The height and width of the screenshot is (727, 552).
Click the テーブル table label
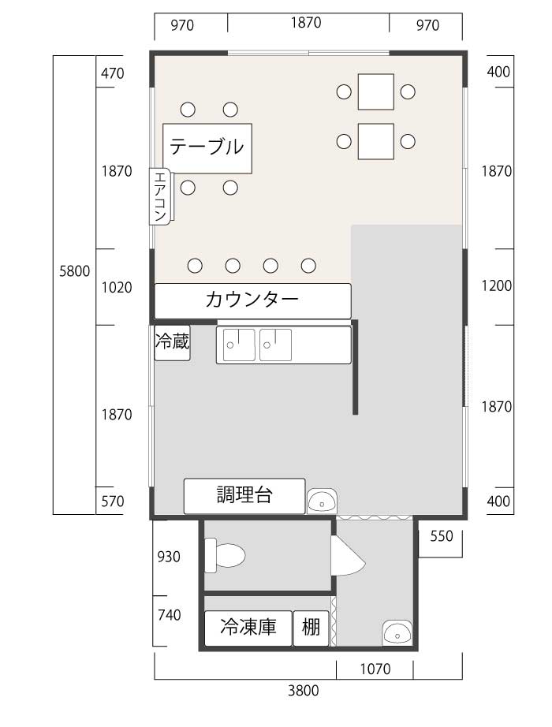coord(207,147)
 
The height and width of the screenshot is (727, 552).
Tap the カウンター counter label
coord(252,300)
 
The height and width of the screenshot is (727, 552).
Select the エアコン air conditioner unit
coord(161,196)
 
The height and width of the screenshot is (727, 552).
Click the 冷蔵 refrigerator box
coord(172,343)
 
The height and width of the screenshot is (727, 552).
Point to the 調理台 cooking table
coord(244,496)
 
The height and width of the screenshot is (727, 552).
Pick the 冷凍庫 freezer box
coord(248,628)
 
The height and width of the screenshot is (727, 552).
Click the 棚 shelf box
coord(311,628)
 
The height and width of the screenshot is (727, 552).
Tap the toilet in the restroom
coord(225,555)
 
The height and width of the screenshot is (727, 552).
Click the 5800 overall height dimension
coord(74,270)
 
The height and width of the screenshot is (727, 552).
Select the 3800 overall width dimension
coord(304,691)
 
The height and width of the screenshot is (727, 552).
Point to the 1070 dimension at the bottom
coord(375,669)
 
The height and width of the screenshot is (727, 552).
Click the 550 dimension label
coord(441,536)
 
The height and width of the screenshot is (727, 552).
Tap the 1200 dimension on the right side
coord(496,285)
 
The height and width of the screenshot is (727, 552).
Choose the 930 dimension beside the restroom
coord(169,557)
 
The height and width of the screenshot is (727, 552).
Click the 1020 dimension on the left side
coord(117,288)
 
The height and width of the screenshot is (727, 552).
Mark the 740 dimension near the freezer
coord(169,615)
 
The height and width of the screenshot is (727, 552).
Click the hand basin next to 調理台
coord(322,501)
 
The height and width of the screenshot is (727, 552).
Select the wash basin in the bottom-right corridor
coord(397,633)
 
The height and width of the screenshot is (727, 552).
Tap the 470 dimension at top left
coord(113,73)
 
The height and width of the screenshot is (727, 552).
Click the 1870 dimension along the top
coord(306,22)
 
